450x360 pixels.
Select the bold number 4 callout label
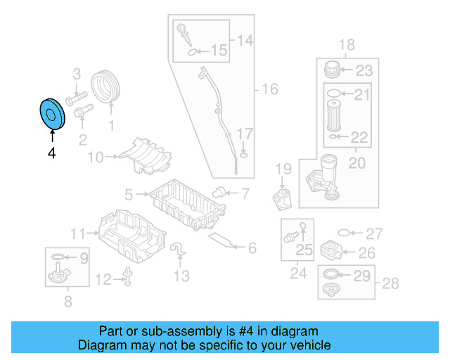tap(51, 153)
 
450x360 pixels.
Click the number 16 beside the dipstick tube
tap(269, 89)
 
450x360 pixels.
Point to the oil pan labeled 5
tap(186, 203)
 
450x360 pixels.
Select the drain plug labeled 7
tap(220, 191)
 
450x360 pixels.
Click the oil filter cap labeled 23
tap(332, 70)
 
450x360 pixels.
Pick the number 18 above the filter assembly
tap(346, 46)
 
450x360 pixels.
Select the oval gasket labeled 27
tap(342, 233)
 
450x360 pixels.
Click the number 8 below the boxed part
tap(67, 302)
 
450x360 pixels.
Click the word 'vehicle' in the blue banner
tap(306, 345)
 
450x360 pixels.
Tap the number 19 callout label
tap(283, 169)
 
